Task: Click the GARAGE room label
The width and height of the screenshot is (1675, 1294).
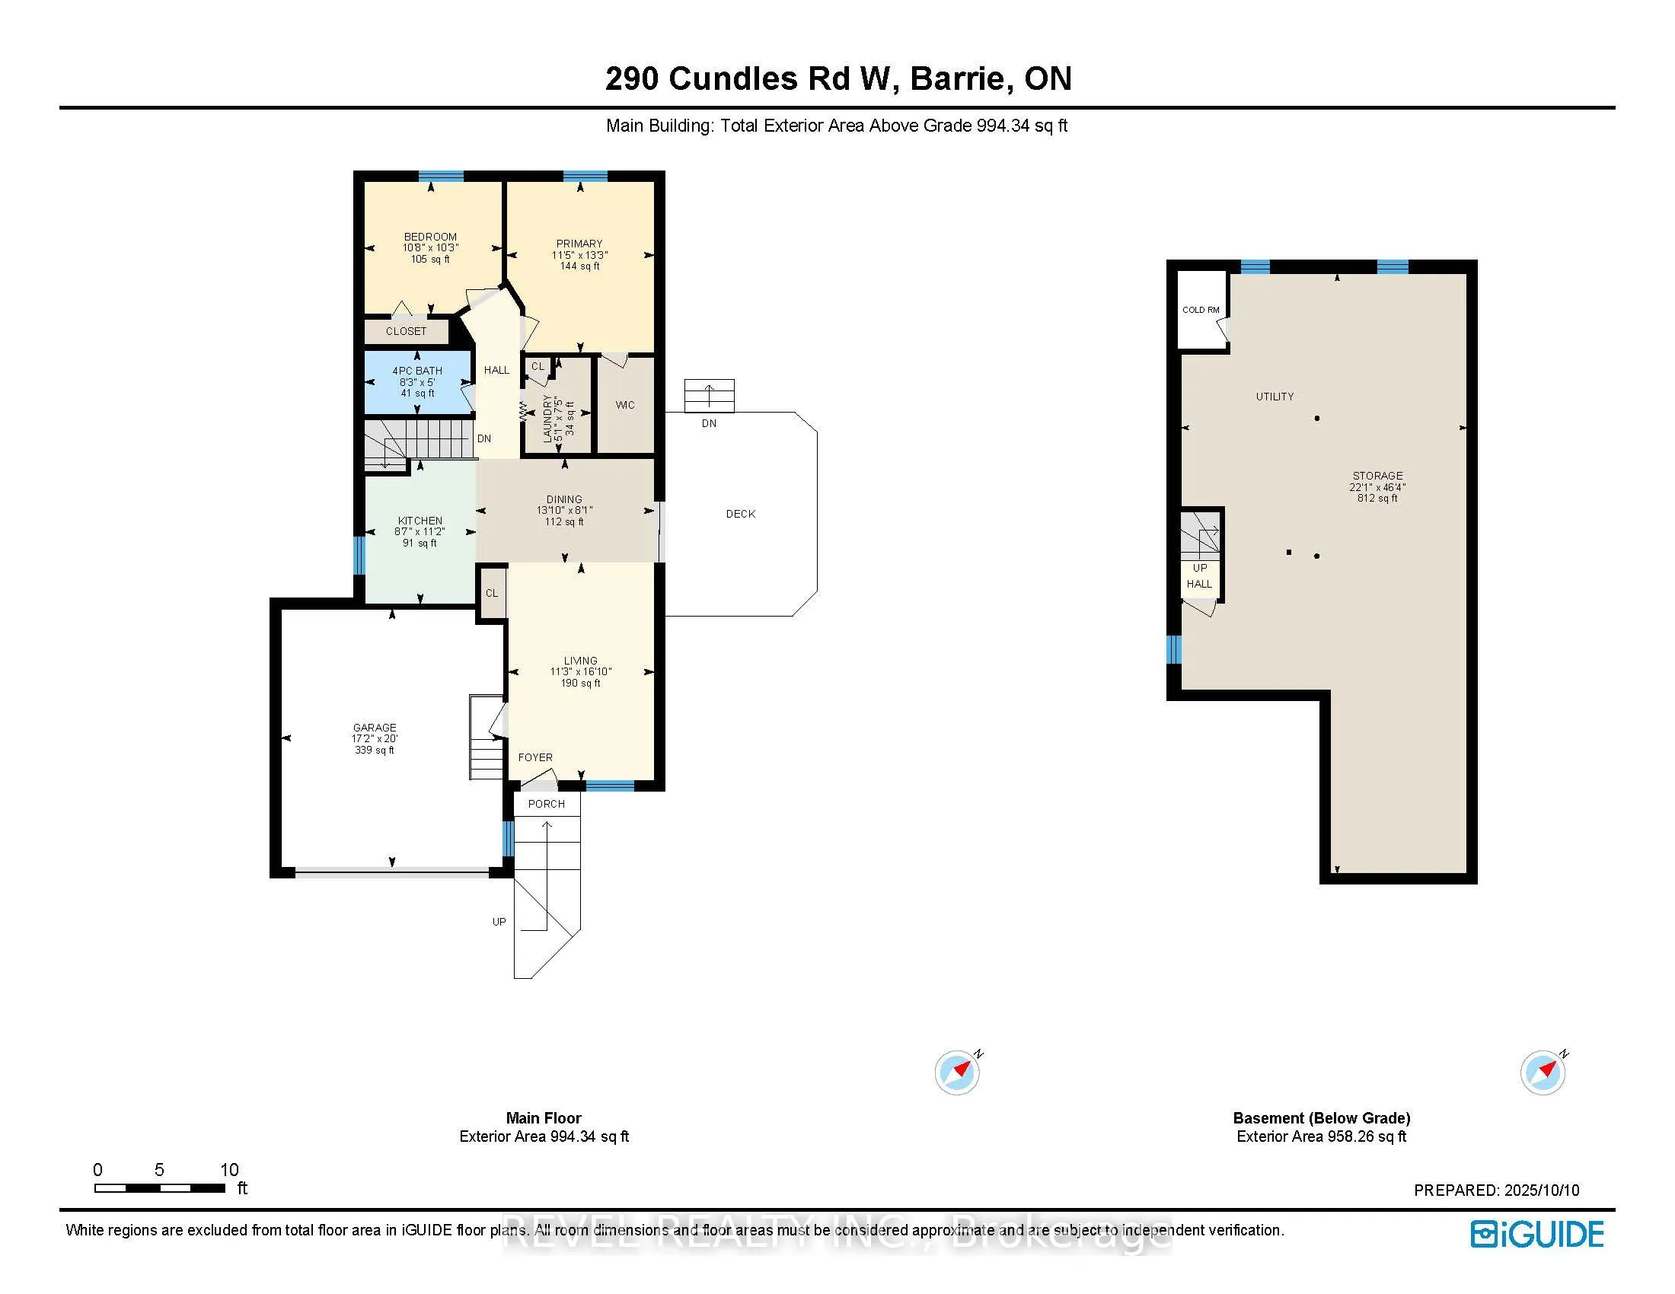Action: coord(375,728)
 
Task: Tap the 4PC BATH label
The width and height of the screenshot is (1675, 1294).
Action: coord(417,371)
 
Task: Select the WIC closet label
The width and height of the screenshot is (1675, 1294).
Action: coord(625,406)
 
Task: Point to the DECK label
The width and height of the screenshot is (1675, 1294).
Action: coord(741,514)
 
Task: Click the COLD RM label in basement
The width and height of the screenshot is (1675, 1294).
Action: coord(1201,310)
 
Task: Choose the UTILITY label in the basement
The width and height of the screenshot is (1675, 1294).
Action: coord(1275,397)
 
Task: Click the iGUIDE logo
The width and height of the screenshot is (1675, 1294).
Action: coord(1537,1234)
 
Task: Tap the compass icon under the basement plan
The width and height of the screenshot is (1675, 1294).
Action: coord(1543,1072)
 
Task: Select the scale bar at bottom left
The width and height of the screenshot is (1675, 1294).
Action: coord(160,1188)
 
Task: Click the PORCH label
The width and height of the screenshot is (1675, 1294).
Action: coord(546,804)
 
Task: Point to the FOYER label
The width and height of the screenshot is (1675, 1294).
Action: coord(535,757)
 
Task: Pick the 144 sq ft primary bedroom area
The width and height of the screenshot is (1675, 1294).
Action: coord(580,266)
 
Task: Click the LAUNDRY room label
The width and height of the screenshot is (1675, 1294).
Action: coord(547,419)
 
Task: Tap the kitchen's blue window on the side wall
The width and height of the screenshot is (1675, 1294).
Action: coord(358,555)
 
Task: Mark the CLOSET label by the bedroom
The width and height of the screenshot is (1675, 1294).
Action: coord(406,332)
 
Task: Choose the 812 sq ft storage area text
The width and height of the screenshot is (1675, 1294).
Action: coord(1377,499)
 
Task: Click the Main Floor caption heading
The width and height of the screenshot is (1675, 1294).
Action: coord(544,1118)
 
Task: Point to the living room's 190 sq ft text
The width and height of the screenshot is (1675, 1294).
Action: coord(581,683)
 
